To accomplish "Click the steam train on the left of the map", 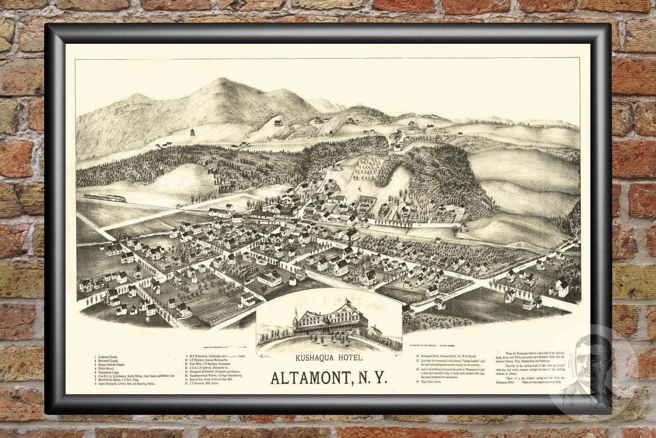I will pos(105,198).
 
